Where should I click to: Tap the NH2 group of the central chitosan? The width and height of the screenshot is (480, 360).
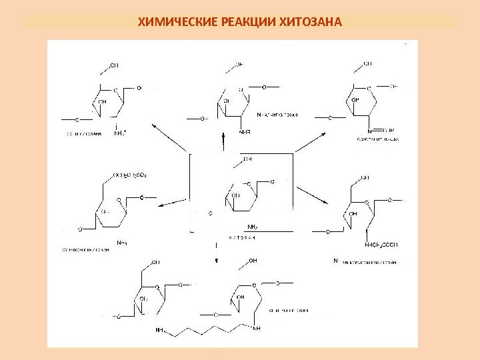pyautogui.click(x=254, y=225)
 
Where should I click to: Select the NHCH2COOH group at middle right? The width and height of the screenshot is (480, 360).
pyautogui.click(x=381, y=244)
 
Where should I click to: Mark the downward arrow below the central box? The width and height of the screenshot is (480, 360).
pyautogui.click(x=215, y=253)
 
